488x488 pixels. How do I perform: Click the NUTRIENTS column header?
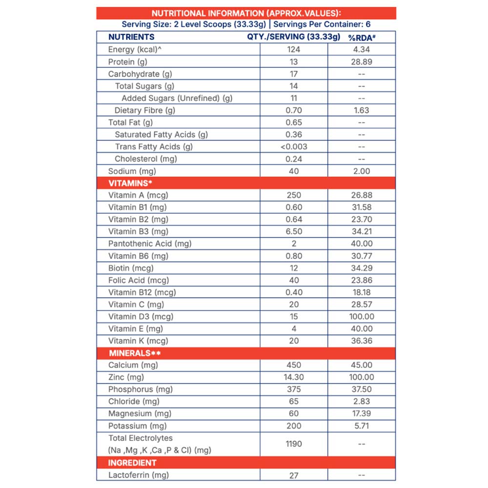(x=131, y=37)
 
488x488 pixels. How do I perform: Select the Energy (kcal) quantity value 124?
(x=294, y=49)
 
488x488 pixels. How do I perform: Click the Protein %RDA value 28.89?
(x=362, y=61)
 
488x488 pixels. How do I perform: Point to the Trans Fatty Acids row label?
(x=154, y=146)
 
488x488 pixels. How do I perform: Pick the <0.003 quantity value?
(x=294, y=146)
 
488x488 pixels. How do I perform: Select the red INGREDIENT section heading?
(x=132, y=462)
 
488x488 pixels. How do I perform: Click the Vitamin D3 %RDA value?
(x=362, y=316)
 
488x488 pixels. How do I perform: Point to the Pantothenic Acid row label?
(x=150, y=244)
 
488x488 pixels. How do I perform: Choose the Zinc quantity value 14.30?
(x=294, y=377)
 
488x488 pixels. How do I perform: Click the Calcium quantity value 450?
(x=294, y=365)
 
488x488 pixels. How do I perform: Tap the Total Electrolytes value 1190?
(x=294, y=444)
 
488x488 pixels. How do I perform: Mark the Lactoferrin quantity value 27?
(x=294, y=475)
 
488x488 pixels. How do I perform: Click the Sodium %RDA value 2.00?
(x=362, y=171)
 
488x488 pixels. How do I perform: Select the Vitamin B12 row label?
(x=142, y=292)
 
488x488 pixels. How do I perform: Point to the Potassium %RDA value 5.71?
(x=362, y=426)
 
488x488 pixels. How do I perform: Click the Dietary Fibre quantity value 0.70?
(x=294, y=110)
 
